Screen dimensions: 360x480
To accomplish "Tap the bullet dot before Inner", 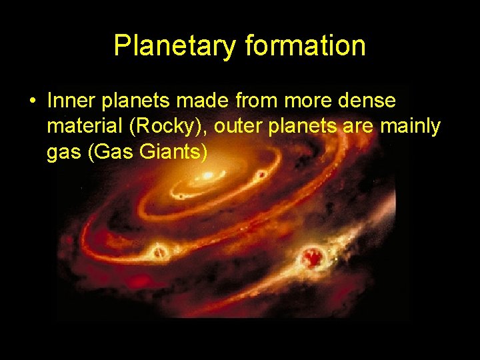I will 32,102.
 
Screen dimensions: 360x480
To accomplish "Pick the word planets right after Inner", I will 127,102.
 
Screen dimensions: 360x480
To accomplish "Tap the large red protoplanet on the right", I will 311,256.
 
